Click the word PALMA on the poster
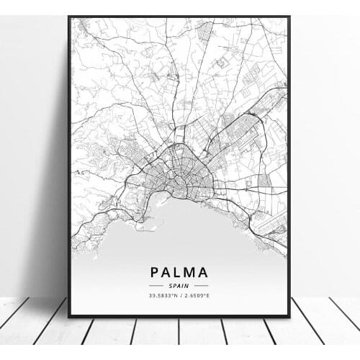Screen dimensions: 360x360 [x=180, y=272]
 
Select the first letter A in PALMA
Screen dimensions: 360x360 [x=168, y=272]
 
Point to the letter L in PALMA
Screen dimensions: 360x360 [x=179, y=272]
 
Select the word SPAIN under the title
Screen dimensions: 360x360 [x=180, y=285]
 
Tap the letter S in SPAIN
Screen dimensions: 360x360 [x=173, y=285]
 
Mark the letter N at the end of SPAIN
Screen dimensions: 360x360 [x=188, y=285]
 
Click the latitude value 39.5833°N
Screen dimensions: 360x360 [x=163, y=295]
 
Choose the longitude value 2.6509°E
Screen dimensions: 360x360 [x=197, y=295]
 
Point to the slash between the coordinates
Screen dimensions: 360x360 [x=180, y=295]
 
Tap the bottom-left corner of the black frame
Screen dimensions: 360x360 [x=69, y=316]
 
